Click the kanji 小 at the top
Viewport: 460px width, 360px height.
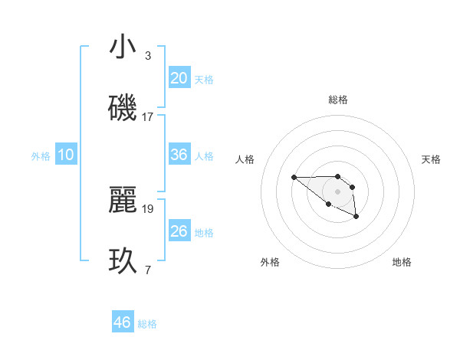123,47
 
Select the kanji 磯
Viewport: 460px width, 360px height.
123,109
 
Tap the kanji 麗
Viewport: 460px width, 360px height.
123,200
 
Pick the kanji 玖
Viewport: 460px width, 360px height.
123,261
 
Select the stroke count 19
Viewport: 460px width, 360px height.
148,208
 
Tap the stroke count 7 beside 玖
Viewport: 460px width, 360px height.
148,269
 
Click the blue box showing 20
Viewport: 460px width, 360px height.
179,78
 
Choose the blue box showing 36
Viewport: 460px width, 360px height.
179,155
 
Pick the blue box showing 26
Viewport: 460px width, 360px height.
179,231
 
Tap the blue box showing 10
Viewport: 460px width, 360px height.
66,155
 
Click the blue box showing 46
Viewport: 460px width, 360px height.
123,322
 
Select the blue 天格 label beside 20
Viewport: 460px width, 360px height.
204,80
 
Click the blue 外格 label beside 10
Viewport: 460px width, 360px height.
41,156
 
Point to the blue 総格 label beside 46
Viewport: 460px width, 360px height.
147,324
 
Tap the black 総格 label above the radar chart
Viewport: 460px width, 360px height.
338,100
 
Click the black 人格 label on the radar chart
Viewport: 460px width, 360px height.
245,159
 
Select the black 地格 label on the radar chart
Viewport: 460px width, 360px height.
402,262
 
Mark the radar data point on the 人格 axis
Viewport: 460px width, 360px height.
294,177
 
